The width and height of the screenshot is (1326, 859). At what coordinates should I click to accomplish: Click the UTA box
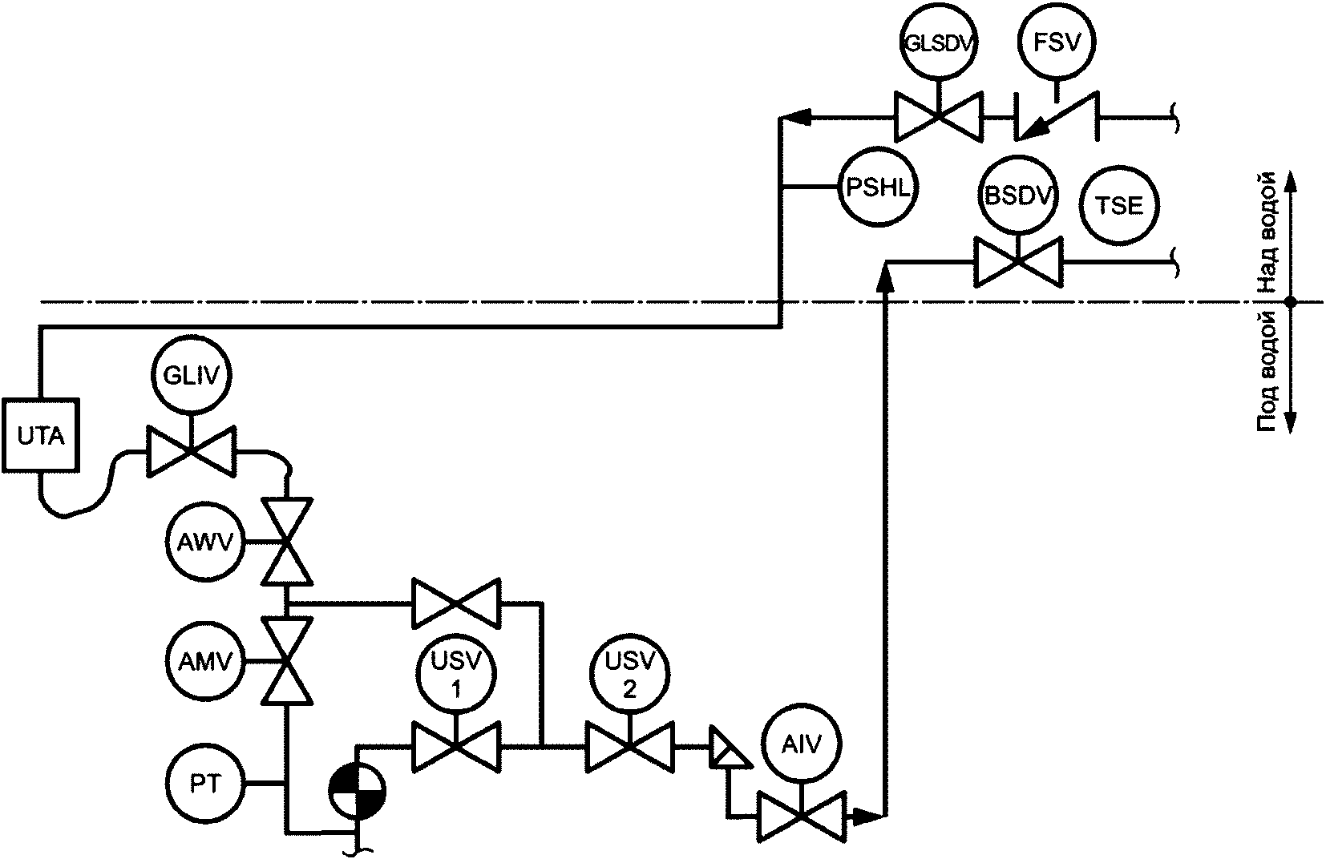[x=41, y=435]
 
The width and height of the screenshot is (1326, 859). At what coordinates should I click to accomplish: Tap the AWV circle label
[x=205, y=542]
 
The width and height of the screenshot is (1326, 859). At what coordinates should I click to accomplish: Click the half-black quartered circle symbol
[x=357, y=792]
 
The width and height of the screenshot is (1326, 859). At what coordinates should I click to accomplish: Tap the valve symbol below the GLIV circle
[x=192, y=451]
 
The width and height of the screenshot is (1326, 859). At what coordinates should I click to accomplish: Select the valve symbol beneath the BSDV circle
[x=1017, y=262]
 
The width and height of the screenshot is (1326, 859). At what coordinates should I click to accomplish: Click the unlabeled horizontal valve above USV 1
[x=456, y=603]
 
